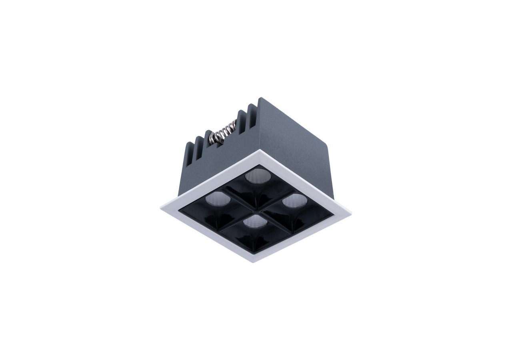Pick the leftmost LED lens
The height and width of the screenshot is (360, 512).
215,198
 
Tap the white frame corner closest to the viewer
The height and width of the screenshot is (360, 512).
253,262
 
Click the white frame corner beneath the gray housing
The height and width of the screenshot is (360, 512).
260,151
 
